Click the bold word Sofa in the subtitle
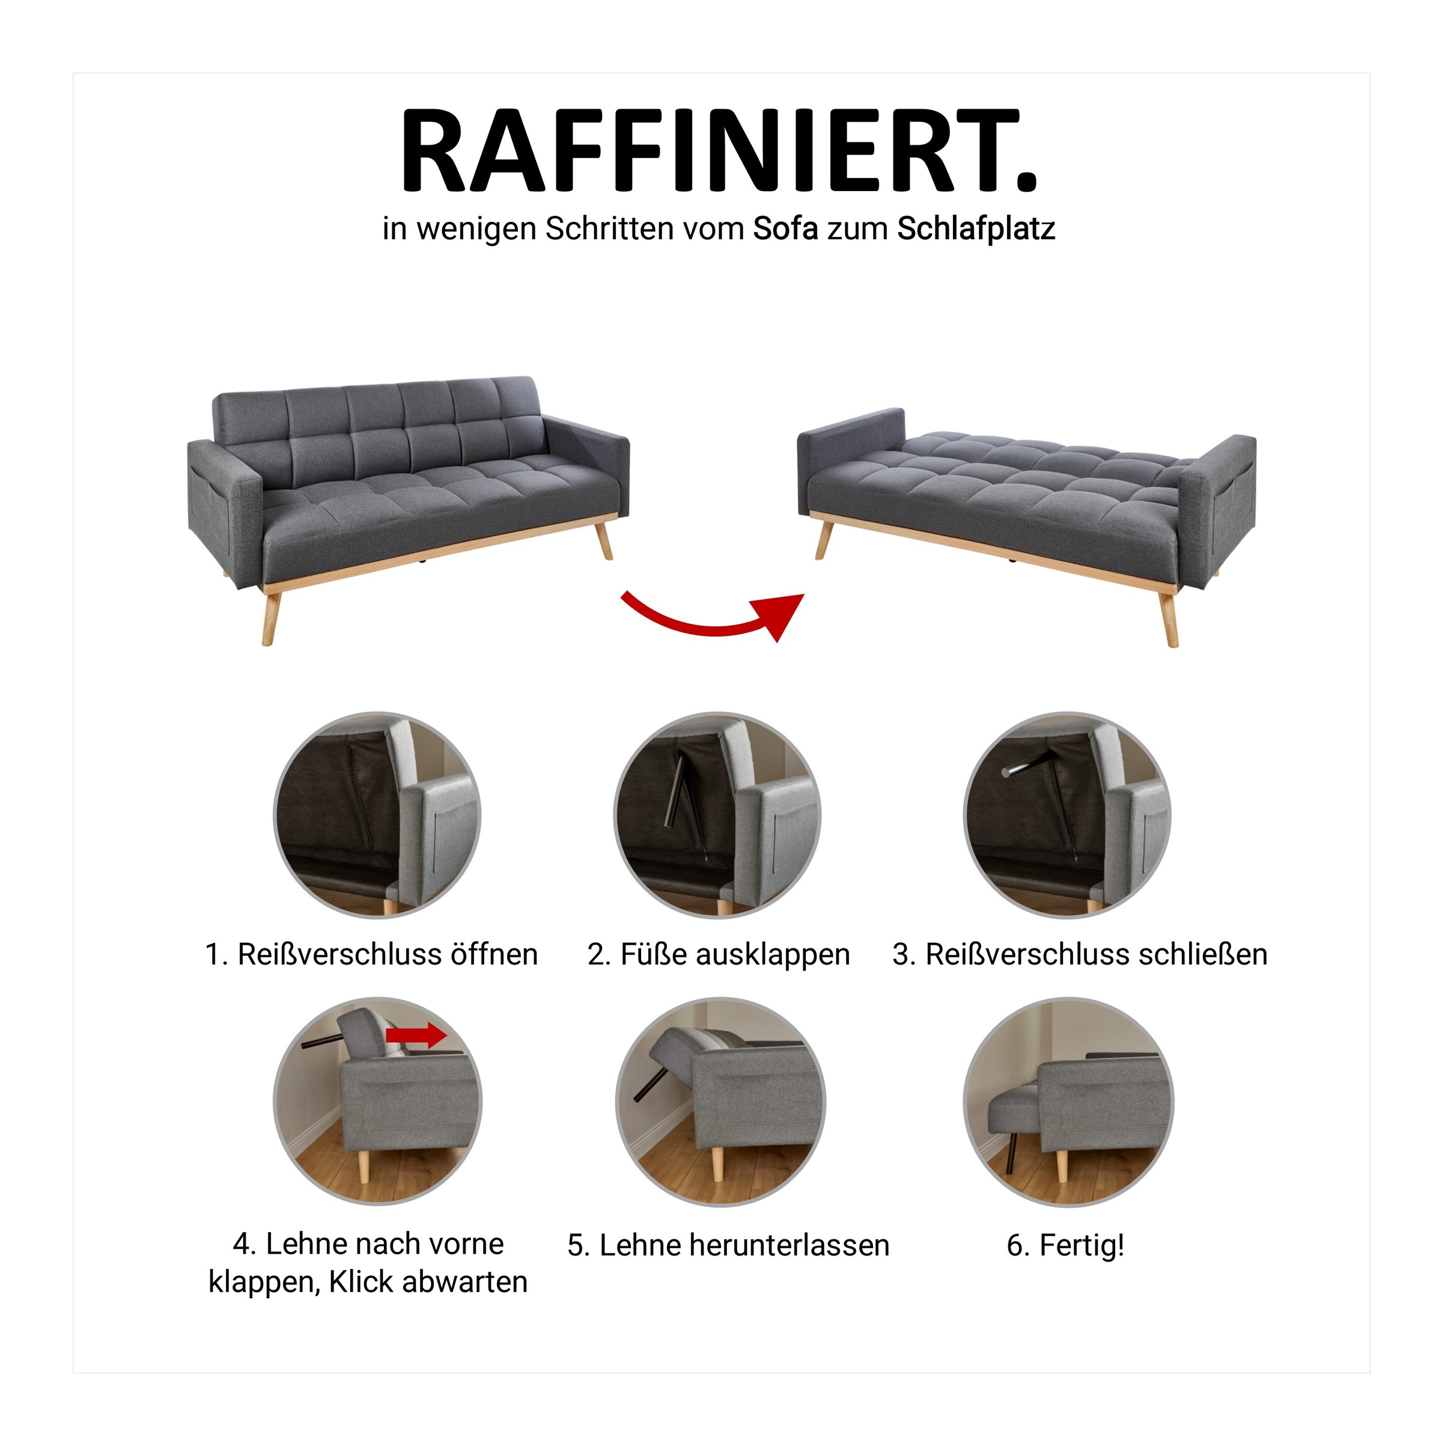pyautogui.click(x=785, y=229)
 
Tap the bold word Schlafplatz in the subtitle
pyautogui.click(x=976, y=229)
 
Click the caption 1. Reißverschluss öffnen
pyautogui.click(x=372, y=955)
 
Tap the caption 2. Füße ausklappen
pyautogui.click(x=719, y=955)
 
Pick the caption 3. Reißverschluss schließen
pyautogui.click(x=1080, y=955)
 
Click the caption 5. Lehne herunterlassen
pyautogui.click(x=728, y=1246)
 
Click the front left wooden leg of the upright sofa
pyautogui.click(x=272, y=617)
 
